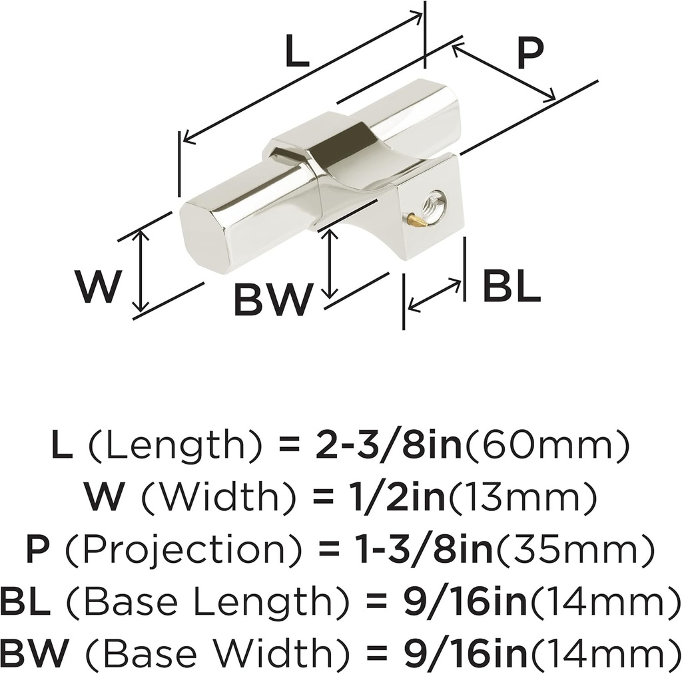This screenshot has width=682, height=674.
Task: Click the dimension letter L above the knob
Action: [298, 51]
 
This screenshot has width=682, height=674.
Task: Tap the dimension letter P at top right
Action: [531, 53]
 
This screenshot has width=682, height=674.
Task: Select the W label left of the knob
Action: [97, 286]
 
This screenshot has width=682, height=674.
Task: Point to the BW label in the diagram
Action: [273, 299]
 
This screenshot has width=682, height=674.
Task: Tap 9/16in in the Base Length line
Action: [464, 602]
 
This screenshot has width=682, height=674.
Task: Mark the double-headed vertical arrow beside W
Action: [140, 271]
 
